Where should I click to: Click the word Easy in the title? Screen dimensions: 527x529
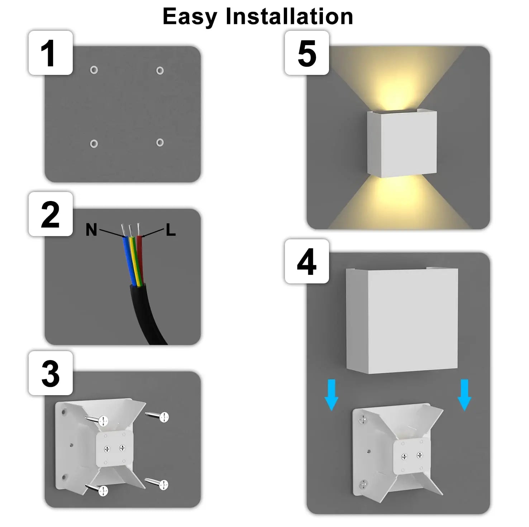[x=190, y=16]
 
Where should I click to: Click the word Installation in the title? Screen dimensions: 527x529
[x=289, y=16]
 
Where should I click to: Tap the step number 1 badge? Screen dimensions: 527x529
[x=51, y=53]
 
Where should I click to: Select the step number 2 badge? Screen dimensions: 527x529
[x=51, y=214]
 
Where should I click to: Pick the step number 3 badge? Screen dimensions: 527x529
[x=51, y=373]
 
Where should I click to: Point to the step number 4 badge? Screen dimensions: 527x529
[x=307, y=262]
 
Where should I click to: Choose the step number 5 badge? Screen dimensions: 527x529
[x=307, y=53]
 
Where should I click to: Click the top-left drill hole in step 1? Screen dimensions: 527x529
[x=94, y=70]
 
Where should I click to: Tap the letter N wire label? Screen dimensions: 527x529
[x=91, y=230]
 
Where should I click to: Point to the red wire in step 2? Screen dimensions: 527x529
[x=140, y=258]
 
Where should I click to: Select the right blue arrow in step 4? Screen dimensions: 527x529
[x=464, y=395]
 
